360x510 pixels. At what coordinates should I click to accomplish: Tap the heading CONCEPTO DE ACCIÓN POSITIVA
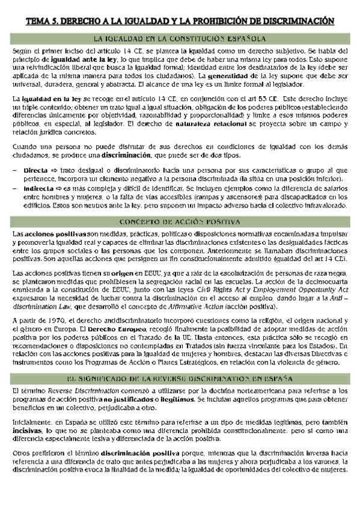click(x=180, y=221)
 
